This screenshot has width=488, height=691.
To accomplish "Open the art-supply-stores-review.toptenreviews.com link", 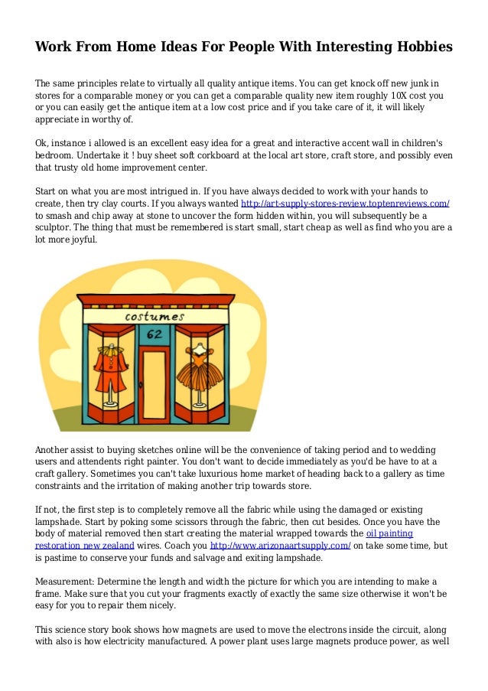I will [x=344, y=204].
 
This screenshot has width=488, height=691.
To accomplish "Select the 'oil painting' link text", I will [x=390, y=533].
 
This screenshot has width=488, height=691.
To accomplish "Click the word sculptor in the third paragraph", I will [x=55, y=227].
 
